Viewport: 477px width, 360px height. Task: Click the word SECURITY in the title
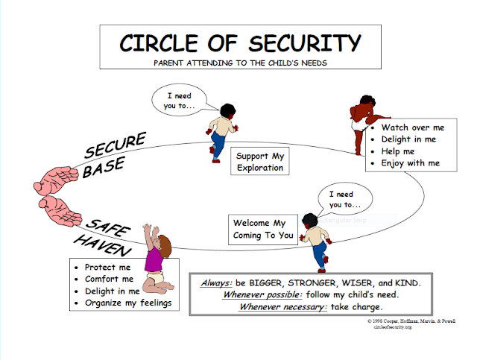tap(305, 43)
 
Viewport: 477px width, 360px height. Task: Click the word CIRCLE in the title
tap(159, 43)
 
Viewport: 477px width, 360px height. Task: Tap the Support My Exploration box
tap(260, 161)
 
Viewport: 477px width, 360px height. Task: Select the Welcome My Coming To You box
tap(263, 230)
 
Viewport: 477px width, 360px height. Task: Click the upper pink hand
tap(56, 180)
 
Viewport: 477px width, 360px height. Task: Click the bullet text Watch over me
tap(413, 127)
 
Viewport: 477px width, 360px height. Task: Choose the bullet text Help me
tap(397, 151)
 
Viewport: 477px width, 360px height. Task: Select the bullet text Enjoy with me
tap(411, 163)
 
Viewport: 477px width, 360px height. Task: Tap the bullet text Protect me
tap(107, 267)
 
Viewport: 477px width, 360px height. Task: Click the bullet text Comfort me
tap(109, 279)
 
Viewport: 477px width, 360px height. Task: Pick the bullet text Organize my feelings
tap(128, 303)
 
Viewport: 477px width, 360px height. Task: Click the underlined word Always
tap(216, 283)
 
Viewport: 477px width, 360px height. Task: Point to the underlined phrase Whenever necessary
tap(283, 307)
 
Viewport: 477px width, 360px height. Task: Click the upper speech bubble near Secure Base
tap(180, 100)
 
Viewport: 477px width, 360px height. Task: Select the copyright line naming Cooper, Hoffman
tap(411, 321)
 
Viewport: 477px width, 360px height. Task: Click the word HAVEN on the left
tap(103, 245)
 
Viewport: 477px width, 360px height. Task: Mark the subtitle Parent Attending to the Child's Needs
tap(240, 63)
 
